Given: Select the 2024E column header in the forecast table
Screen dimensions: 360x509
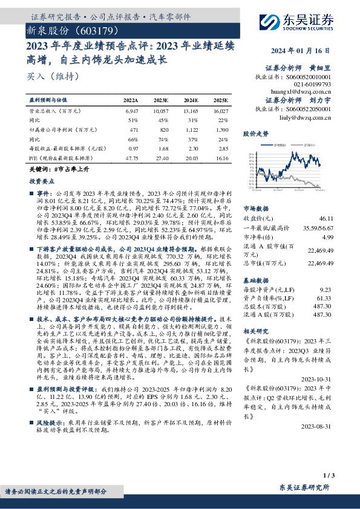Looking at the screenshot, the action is coord(191,100).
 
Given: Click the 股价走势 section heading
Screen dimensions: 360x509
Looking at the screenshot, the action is coord(255,132).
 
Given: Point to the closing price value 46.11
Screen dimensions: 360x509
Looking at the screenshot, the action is coord(324,218).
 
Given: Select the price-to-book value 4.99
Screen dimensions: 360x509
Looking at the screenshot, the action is coord(326,236).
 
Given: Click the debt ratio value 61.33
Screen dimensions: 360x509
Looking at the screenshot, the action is coord(324,298).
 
